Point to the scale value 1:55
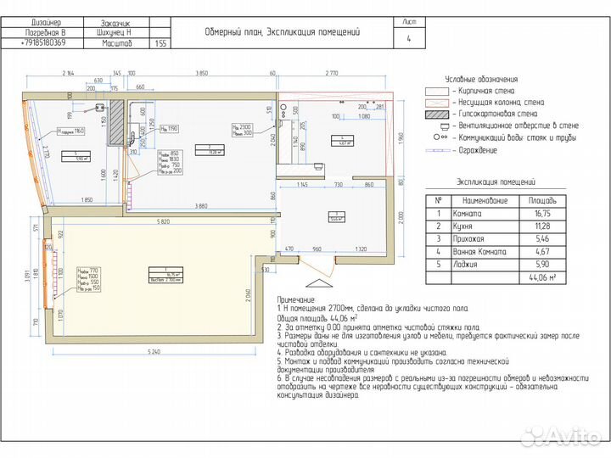click(161, 42)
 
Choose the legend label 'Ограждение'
click(475, 149)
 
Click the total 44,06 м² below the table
click(541, 277)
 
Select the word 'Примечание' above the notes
click(296, 299)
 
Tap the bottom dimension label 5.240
click(153, 350)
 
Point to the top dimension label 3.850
click(201, 73)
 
